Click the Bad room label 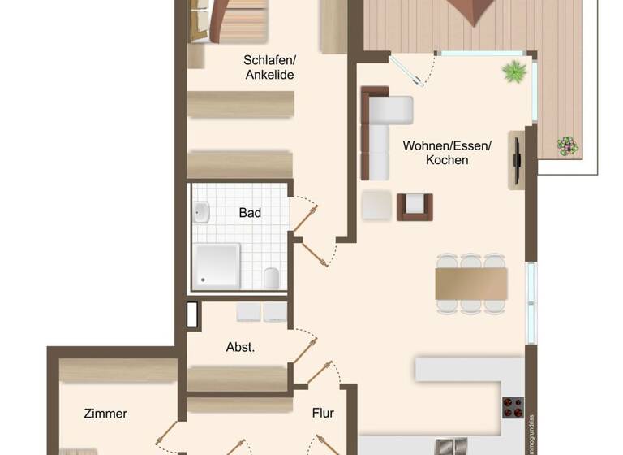pyautogui.click(x=250, y=213)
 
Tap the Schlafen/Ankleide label pyautogui.click(x=269, y=67)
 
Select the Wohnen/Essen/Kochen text pyautogui.click(x=447, y=153)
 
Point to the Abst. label pyautogui.click(x=240, y=347)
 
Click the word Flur pyautogui.click(x=323, y=413)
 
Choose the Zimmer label pyautogui.click(x=105, y=414)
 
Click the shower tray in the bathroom pyautogui.click(x=216, y=265)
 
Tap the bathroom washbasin pyautogui.click(x=200, y=213)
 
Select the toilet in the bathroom pyautogui.click(x=273, y=278)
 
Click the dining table pyautogui.click(x=470, y=284)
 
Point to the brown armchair pyautogui.click(x=415, y=206)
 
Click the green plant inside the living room pyautogui.click(x=514, y=71)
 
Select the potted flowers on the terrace pyautogui.click(x=568, y=146)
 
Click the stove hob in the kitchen pyautogui.click(x=513, y=407)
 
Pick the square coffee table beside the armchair pyautogui.click(x=376, y=205)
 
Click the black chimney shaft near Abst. pyautogui.click(x=192, y=314)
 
